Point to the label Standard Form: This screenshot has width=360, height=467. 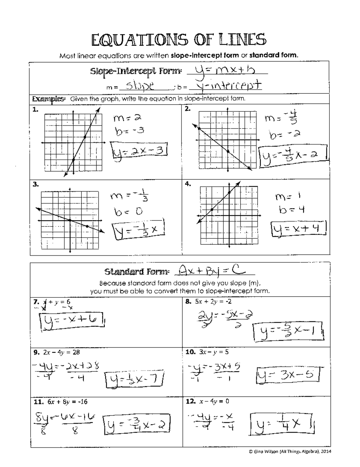pyautogui.click(x=137, y=272)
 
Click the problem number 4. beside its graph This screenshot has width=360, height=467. pyautogui.click(x=187, y=184)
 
